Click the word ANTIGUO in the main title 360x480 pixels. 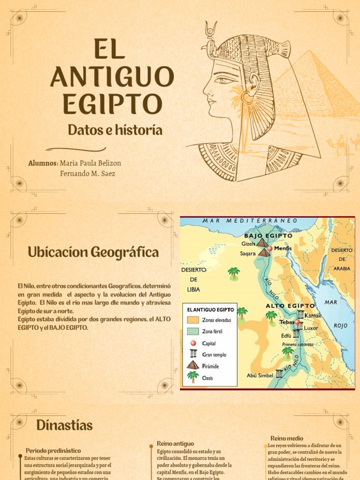pyautogui.click(x=112, y=77)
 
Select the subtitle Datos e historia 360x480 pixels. pyautogui.click(x=115, y=130)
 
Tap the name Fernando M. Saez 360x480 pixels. pyautogui.click(x=88, y=173)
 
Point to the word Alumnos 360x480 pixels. pyautogui.click(x=43, y=163)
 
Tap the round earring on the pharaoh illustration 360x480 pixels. pyautogui.click(x=247, y=98)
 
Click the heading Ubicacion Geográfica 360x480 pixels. pyautogui.click(x=93, y=252)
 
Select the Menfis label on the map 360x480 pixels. pyautogui.click(x=283, y=248)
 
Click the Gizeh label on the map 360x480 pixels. pyautogui.click(x=248, y=244)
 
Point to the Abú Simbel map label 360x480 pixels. pyautogui.click(x=260, y=375)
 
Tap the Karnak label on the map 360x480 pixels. pyautogui.click(x=313, y=315)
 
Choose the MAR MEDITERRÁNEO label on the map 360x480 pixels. pyautogui.click(x=250, y=220)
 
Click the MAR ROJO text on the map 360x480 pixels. pyautogui.click(x=336, y=314)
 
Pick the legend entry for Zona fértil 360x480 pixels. pyautogui.click(x=212, y=331)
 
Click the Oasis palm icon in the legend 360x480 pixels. pyautogui.click(x=193, y=377)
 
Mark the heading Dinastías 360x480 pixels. pyautogui.click(x=64, y=426)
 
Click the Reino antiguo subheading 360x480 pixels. pyautogui.click(x=175, y=443)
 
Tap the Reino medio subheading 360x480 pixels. pyautogui.click(x=287, y=438)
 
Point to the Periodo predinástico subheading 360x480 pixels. pyautogui.click(x=53, y=450)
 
